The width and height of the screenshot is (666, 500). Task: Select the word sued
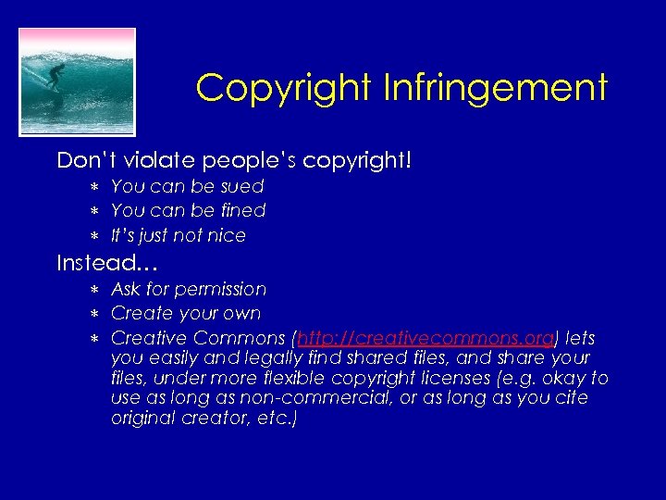pos(243,186)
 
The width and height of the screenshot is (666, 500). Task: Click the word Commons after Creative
pos(242,338)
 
